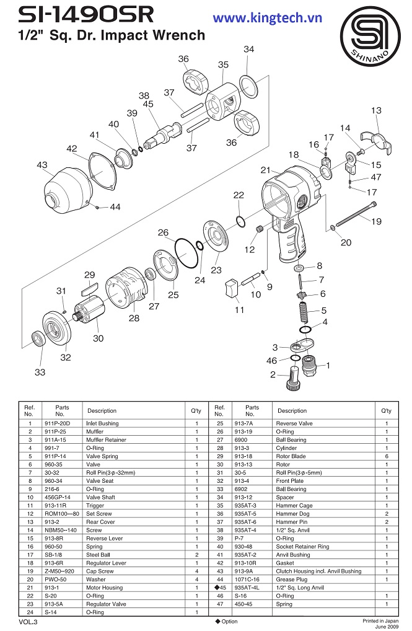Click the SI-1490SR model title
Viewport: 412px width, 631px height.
tap(79, 15)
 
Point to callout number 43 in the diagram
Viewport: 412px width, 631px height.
tap(42, 165)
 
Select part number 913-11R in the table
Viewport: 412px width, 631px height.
tap(58, 505)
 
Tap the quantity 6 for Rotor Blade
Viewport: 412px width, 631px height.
tap(387, 456)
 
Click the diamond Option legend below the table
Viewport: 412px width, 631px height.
tap(226, 621)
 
